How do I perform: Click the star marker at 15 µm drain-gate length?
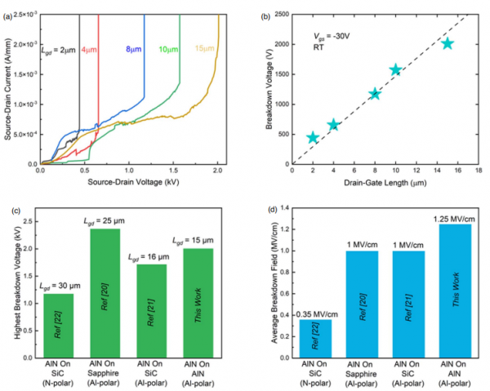point(448,43)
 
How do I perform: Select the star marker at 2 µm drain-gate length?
point(313,137)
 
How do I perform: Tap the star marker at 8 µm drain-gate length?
point(375,94)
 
